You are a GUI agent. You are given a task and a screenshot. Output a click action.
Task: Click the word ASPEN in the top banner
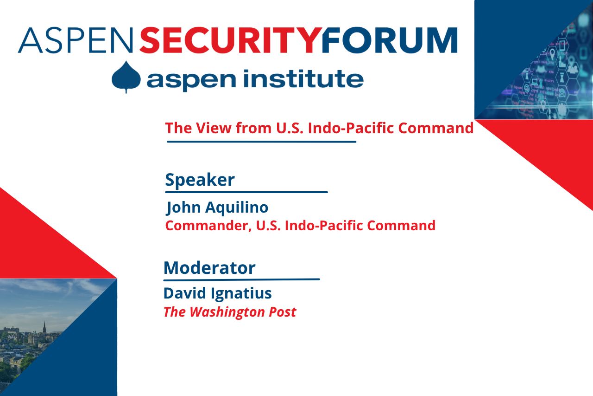[x=75, y=40]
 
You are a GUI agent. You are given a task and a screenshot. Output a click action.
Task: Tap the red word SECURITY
[x=230, y=40]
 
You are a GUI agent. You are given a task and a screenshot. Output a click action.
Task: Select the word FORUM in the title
[x=389, y=40]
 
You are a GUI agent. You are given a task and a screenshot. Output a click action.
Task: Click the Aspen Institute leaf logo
[x=126, y=77]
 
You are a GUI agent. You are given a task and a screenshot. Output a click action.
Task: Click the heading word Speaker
[x=200, y=180]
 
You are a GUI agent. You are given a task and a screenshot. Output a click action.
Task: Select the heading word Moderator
[x=209, y=268]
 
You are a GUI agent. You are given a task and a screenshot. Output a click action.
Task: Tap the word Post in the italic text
[x=282, y=312]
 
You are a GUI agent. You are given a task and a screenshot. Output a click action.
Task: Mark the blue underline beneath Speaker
[x=246, y=192]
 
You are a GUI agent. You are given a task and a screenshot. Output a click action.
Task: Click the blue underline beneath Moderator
[x=241, y=279]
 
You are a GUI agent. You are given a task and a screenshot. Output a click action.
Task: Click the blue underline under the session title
[x=261, y=142]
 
